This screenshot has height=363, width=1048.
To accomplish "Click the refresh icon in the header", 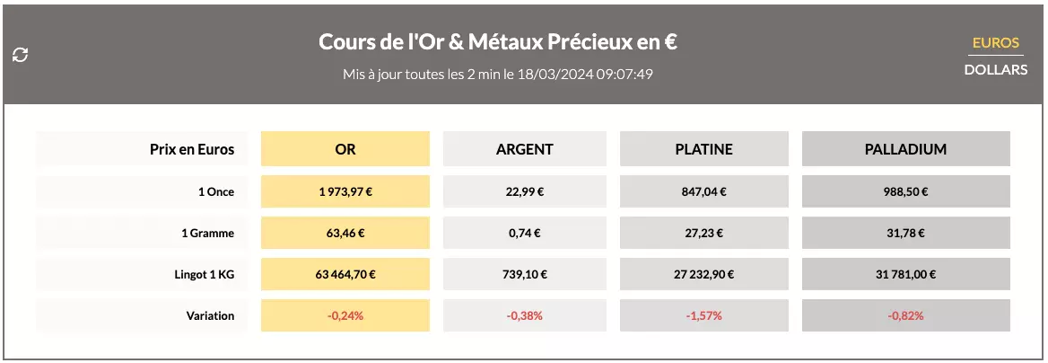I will point(20,55).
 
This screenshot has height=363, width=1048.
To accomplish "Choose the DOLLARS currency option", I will point(996,69).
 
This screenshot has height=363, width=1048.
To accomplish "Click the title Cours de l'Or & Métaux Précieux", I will point(497,42).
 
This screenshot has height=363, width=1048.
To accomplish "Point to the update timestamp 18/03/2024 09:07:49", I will point(584,74).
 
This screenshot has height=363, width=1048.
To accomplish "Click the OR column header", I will point(345,149).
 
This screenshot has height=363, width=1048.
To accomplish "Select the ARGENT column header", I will point(525,149).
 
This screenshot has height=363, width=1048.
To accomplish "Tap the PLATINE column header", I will point(703,149).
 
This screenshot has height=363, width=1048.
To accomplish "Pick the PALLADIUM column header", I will point(905,149).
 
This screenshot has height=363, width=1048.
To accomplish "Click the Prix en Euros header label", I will point(192,149).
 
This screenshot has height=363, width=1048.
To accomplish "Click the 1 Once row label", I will point(215,191).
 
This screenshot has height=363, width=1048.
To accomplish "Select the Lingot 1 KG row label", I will point(205,275).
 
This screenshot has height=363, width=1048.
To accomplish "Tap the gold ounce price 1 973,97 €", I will point(345,191).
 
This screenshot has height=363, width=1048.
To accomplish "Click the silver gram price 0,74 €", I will point(525,233).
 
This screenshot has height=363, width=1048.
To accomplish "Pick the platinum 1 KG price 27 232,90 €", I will point(703,275).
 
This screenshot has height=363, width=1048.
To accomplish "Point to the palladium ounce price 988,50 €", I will point(905,191).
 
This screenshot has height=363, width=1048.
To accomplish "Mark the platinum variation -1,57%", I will point(703,316).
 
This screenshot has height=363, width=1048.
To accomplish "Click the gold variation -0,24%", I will point(345,316).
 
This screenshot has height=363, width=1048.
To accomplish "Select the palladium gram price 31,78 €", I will point(905,233).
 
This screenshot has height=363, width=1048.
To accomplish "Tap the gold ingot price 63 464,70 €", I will point(345,275).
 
